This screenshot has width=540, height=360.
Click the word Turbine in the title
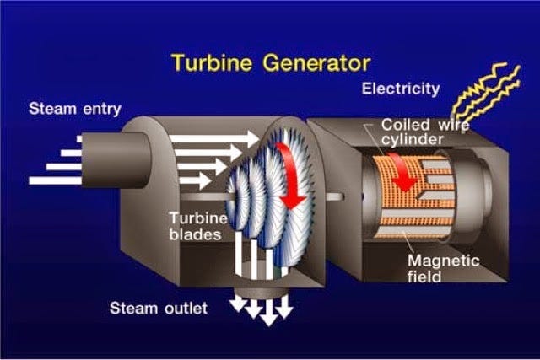210,62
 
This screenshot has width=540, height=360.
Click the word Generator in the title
314,62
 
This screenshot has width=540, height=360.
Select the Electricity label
401,89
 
